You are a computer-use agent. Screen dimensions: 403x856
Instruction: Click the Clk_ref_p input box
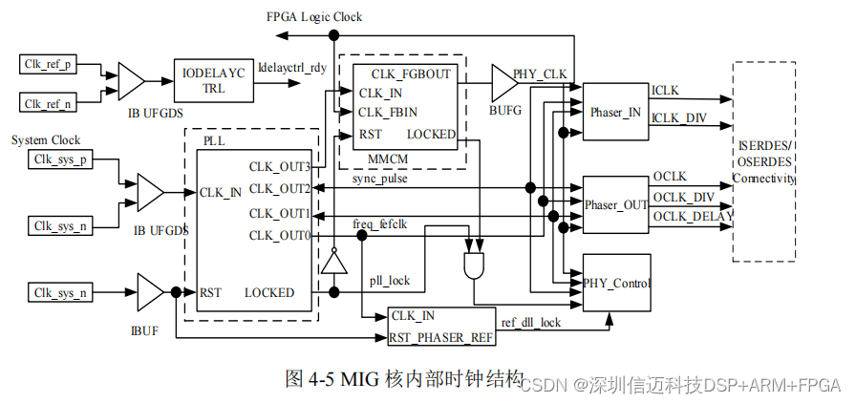click(49, 65)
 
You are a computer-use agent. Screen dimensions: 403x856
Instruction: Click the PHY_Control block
click(616, 283)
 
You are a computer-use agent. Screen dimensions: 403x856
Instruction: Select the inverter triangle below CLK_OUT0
click(332, 259)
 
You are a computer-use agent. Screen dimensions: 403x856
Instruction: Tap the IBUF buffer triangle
click(151, 292)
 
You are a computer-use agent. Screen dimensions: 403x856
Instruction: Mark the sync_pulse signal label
click(380, 179)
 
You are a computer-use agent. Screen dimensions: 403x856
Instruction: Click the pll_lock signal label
click(389, 281)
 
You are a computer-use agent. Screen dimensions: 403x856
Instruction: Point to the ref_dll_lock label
click(531, 323)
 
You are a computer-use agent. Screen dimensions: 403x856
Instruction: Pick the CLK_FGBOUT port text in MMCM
click(411, 73)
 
